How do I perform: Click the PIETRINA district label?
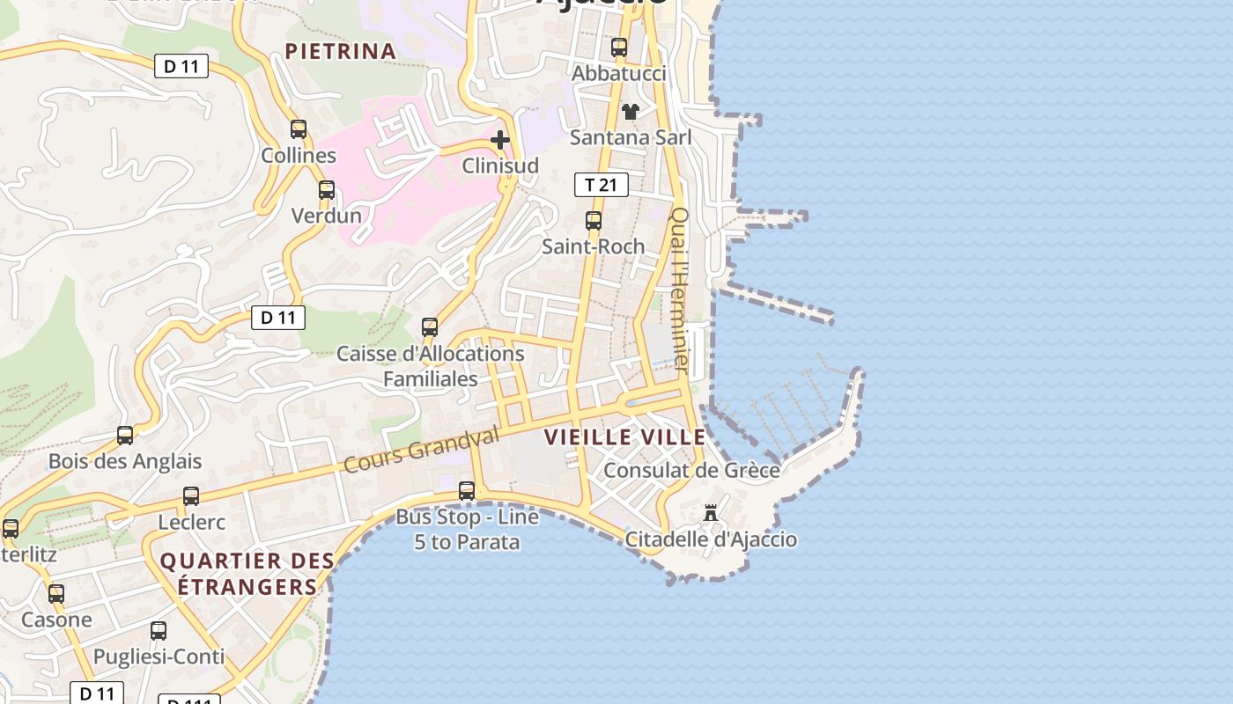tap(340, 51)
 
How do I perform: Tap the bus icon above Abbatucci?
tap(619, 48)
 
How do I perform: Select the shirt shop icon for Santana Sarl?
tap(631, 112)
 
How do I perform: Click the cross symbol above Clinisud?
tap(500, 140)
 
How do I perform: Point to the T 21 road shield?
tap(602, 185)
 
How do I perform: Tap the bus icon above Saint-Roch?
tap(594, 221)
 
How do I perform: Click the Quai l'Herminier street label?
tap(680, 288)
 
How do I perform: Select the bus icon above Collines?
tap(299, 129)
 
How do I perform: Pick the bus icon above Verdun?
tap(327, 190)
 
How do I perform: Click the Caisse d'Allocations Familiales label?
tap(431, 366)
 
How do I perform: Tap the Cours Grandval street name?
tap(421, 450)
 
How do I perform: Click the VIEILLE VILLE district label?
tap(625, 437)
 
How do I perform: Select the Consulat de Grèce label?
tap(691, 470)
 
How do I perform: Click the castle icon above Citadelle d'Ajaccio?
tap(711, 513)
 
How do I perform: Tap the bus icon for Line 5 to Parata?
tap(467, 491)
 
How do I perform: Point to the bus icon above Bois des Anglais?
tap(125, 436)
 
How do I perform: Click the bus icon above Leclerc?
tap(191, 496)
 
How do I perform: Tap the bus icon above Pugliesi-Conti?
tap(159, 631)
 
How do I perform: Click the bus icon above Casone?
tap(56, 594)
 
